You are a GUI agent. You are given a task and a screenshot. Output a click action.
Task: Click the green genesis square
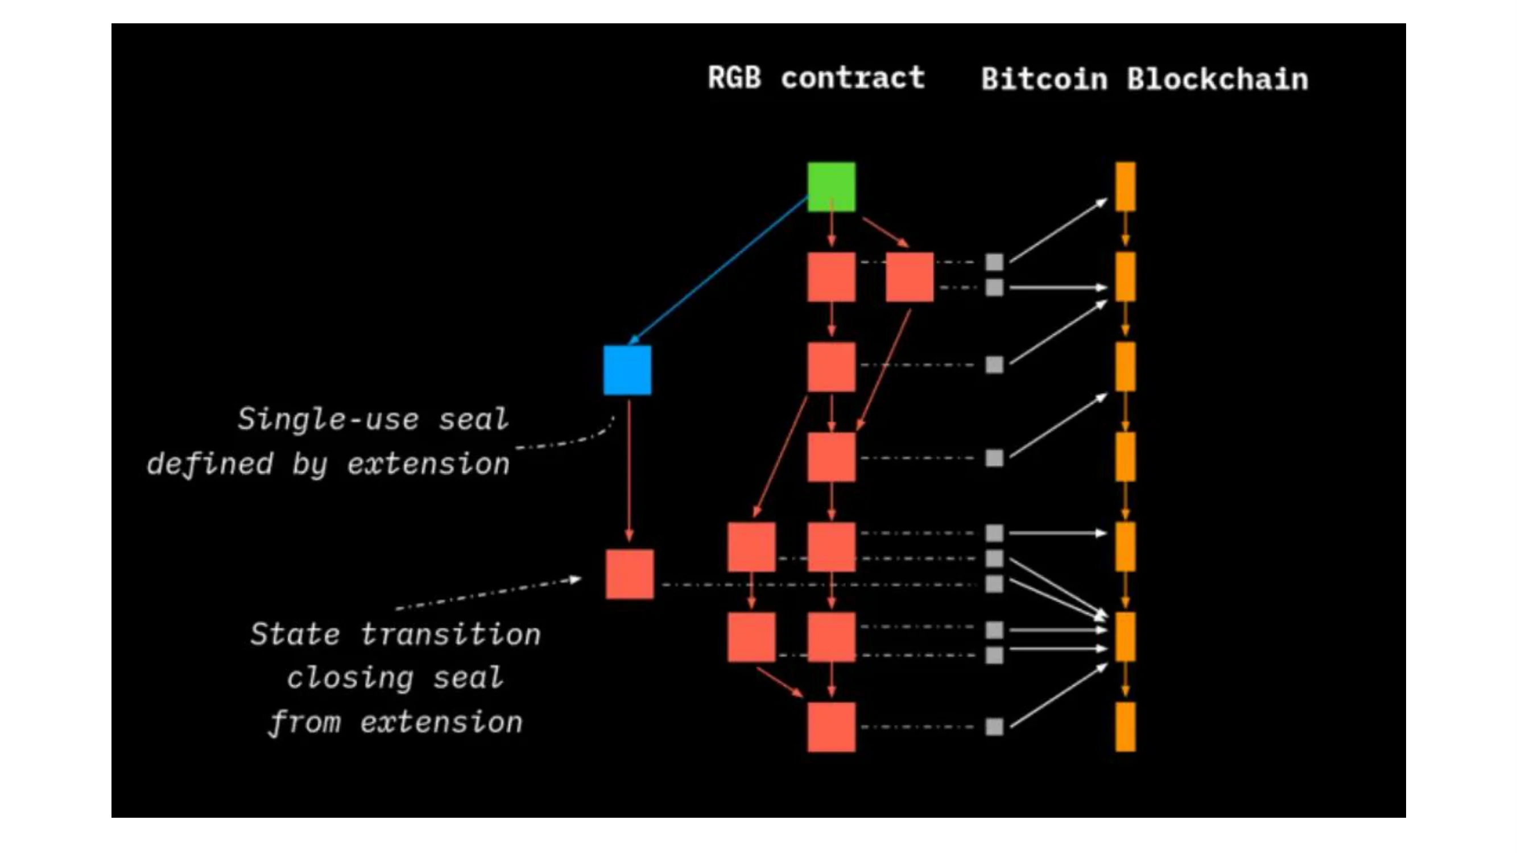click(x=831, y=187)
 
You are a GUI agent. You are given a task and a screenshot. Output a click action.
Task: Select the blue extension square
click(x=627, y=370)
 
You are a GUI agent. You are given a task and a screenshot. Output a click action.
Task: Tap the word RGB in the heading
click(x=734, y=78)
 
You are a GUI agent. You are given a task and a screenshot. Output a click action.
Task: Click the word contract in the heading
click(x=853, y=78)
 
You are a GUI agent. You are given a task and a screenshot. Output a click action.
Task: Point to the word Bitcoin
click(x=1044, y=79)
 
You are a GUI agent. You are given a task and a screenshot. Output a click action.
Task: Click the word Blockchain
click(x=1217, y=79)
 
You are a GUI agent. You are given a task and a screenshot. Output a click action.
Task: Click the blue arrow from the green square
click(x=718, y=270)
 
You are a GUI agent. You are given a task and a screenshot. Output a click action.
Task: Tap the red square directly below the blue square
click(x=630, y=574)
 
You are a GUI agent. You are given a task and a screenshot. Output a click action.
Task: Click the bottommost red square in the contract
click(x=831, y=726)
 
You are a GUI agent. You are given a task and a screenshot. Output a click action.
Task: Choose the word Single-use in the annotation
click(x=328, y=419)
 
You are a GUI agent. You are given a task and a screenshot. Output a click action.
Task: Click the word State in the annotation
click(x=295, y=634)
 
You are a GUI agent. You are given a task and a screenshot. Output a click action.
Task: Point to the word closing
click(x=350, y=678)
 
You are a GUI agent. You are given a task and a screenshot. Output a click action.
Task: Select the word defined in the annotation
click(x=210, y=464)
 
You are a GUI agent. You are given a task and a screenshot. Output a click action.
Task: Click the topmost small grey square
click(x=994, y=262)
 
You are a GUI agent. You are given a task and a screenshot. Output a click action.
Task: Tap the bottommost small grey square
click(x=994, y=726)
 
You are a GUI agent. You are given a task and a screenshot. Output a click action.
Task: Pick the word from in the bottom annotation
click(x=305, y=722)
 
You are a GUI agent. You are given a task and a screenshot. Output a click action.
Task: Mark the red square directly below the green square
click(x=831, y=277)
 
